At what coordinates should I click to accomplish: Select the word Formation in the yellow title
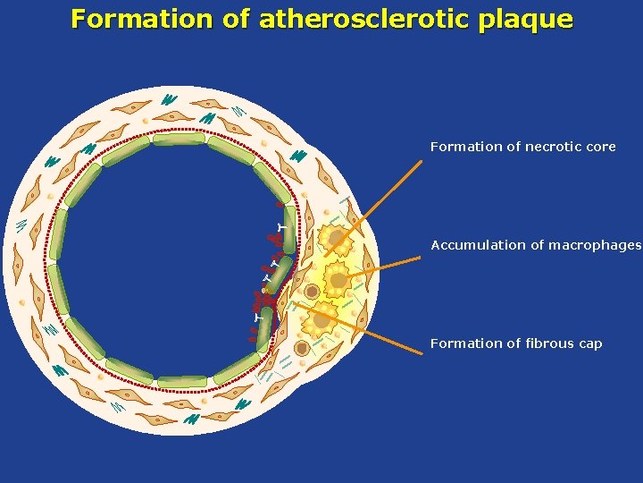(x=141, y=19)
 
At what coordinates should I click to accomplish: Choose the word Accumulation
(x=474, y=245)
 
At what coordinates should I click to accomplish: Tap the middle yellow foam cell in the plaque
(x=338, y=279)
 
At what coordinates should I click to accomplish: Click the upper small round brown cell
(x=312, y=292)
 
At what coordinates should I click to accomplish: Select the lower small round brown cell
(x=302, y=348)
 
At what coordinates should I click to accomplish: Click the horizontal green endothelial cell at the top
(x=179, y=139)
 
